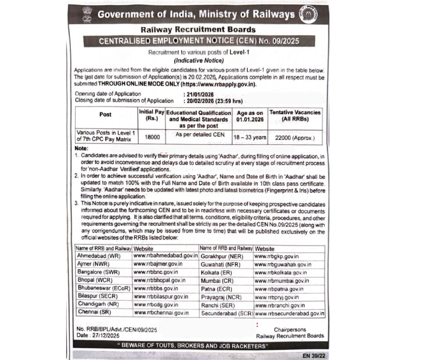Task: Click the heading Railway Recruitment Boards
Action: point(198,30)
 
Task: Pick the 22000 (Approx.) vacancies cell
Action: point(295,137)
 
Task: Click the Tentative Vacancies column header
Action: point(295,116)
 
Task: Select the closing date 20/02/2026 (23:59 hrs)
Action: point(213,101)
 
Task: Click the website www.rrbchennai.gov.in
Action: point(161,312)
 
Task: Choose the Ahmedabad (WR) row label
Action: point(98,256)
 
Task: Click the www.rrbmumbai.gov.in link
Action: point(282,281)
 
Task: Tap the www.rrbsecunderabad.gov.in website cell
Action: point(289,314)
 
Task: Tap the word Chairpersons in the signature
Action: point(290,329)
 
